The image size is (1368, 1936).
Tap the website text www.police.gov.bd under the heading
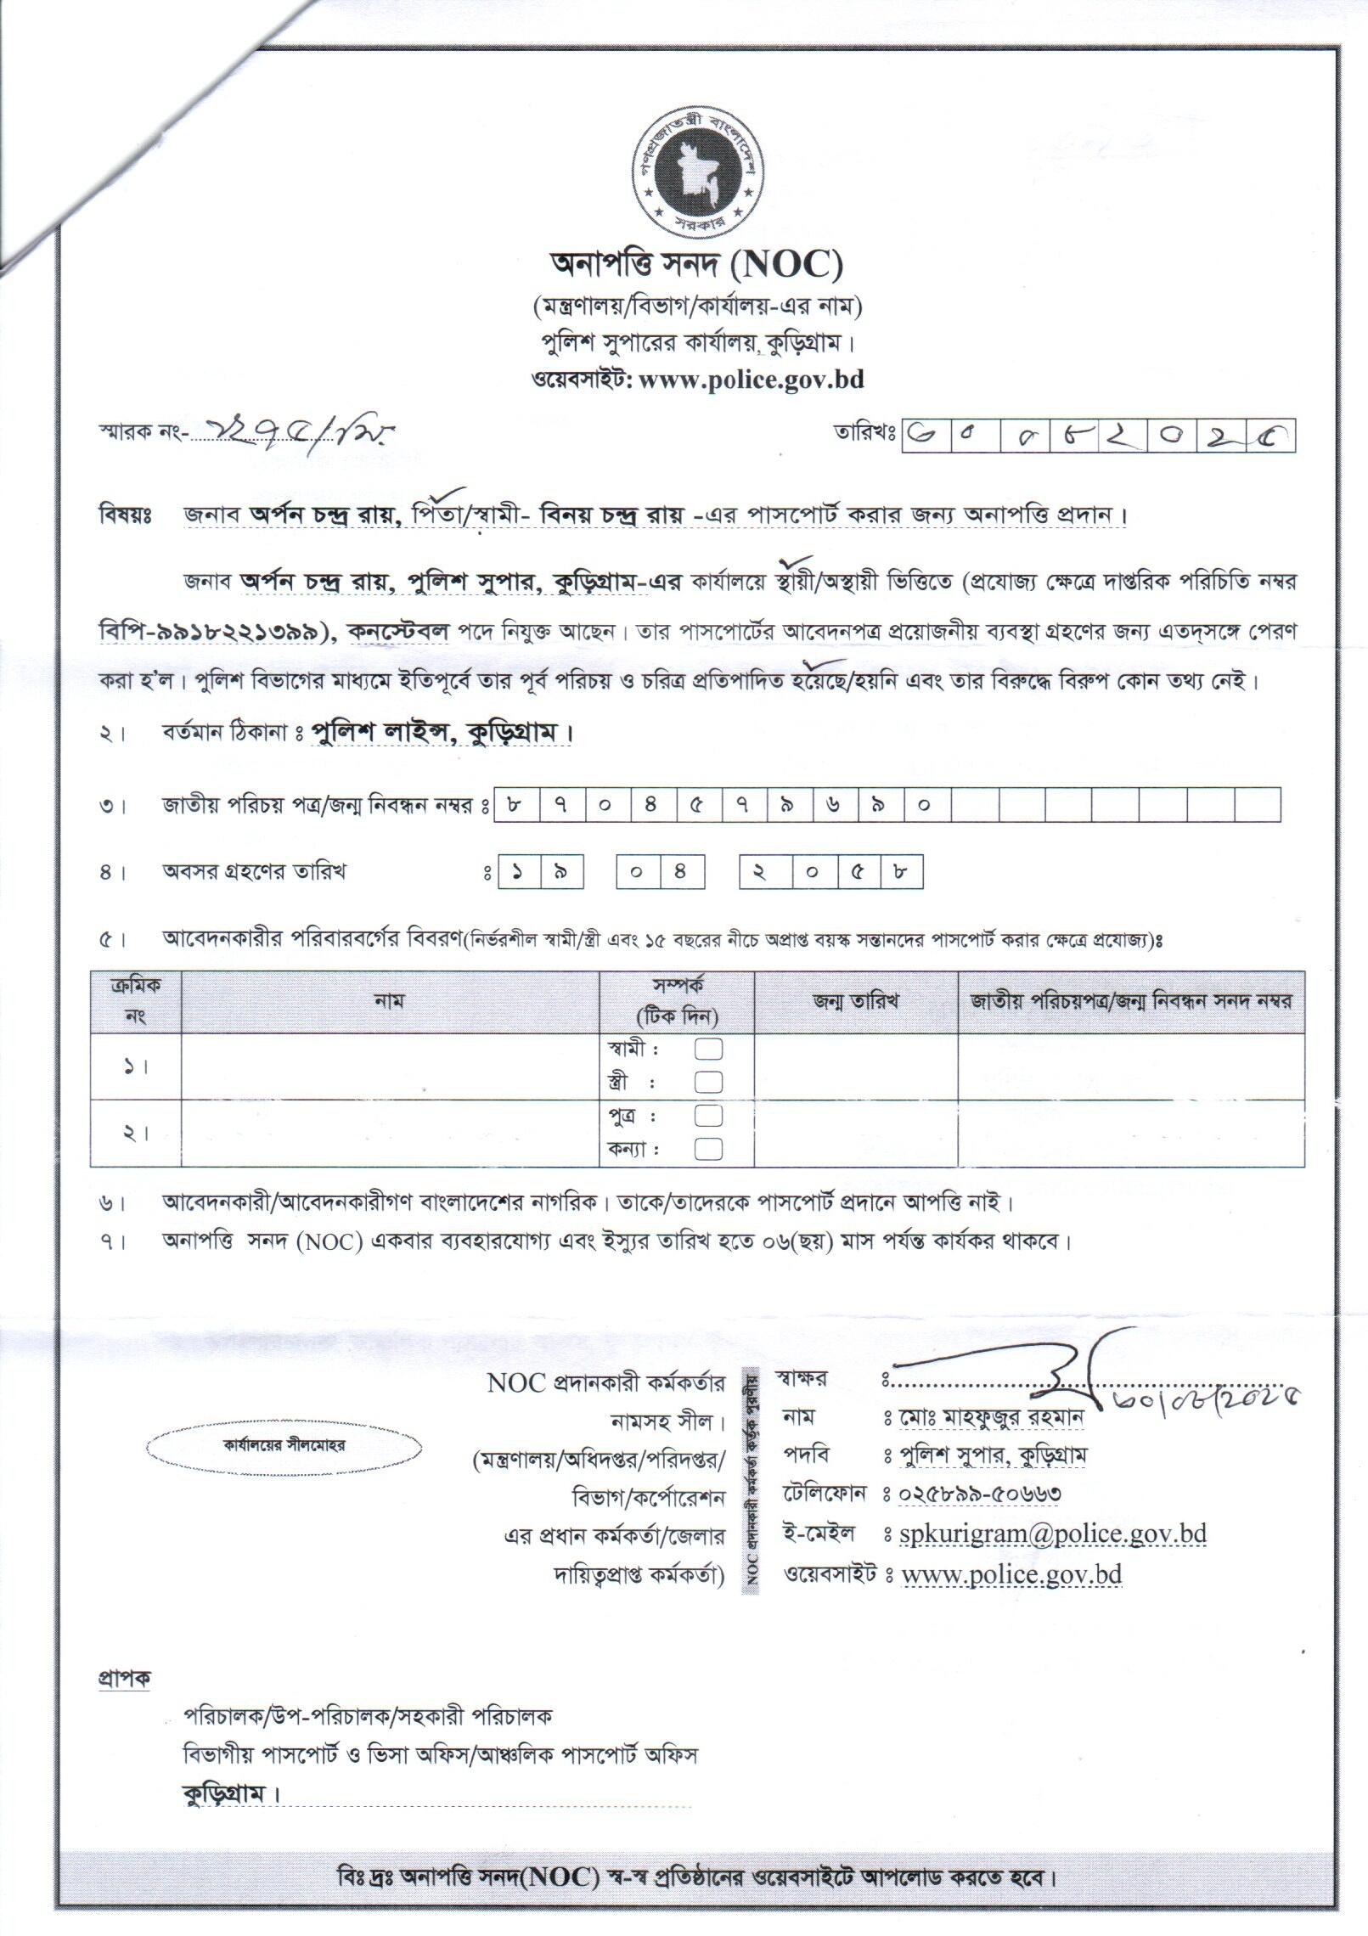point(751,380)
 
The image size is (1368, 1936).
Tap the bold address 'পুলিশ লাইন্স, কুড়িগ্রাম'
point(440,733)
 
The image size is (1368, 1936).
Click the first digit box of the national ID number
point(515,805)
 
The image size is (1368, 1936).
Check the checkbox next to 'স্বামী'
point(709,1050)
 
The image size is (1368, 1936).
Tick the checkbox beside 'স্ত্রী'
point(709,1082)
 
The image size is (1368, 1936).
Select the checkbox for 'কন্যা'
point(709,1148)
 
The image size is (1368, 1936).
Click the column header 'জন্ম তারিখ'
point(855,1000)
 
